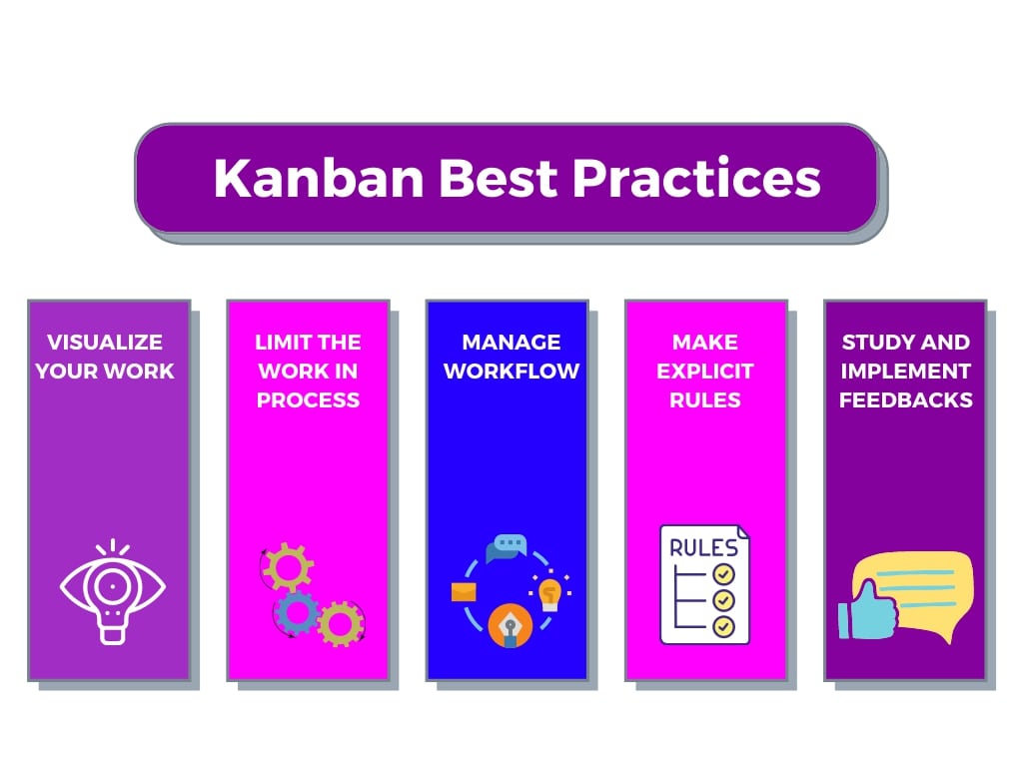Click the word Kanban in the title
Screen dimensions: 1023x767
[319, 178]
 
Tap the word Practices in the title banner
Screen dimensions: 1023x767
[696, 178]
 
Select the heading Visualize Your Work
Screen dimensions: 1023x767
[105, 357]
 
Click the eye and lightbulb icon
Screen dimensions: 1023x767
[112, 591]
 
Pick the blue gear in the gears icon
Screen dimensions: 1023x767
[297, 613]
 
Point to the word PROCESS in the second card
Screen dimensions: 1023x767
[308, 399]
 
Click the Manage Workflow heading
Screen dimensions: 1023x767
[511, 357]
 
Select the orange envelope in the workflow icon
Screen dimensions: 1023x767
[464, 592]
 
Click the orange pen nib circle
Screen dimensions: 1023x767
[511, 626]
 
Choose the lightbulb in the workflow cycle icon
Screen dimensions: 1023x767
[549, 593]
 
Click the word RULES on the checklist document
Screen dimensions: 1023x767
[703, 548]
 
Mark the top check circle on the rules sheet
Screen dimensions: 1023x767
[723, 574]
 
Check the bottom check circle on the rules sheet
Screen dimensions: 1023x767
[723, 627]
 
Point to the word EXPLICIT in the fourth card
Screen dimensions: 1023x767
[705, 372]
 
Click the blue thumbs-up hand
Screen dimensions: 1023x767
[869, 610]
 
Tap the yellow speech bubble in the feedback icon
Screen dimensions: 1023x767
[920, 591]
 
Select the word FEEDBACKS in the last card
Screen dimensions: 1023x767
[905, 399]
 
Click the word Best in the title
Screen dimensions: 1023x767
[499, 178]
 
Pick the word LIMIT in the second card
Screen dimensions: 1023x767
[281, 342]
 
